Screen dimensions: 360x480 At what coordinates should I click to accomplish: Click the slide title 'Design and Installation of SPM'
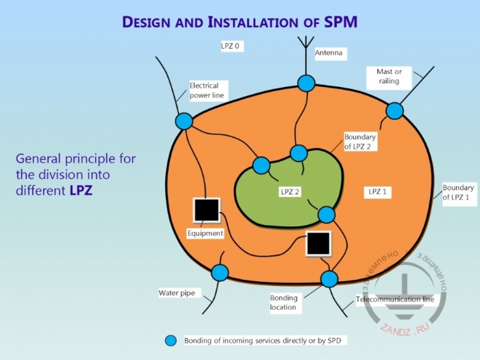tap(239, 22)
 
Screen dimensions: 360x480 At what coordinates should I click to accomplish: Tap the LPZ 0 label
tap(231, 47)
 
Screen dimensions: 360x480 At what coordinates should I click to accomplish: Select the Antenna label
tap(329, 52)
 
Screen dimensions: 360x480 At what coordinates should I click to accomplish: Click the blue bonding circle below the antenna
tap(306, 83)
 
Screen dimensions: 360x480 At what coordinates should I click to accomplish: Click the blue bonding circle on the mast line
tap(394, 110)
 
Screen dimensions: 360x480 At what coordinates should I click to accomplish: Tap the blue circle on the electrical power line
tap(184, 122)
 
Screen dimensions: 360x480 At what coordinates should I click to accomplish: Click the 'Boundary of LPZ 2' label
tap(360, 141)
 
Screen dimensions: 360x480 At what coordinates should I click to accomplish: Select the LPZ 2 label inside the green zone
tap(290, 192)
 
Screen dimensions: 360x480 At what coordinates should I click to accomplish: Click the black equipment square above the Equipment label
tap(205, 210)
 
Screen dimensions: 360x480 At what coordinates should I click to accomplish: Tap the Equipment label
tap(205, 233)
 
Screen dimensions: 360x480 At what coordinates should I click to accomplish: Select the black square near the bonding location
tap(318, 243)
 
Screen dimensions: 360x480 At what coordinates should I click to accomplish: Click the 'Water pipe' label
tap(177, 294)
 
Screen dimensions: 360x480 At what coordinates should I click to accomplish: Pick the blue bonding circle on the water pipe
tap(220, 272)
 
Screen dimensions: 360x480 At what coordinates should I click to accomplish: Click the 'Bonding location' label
tap(283, 303)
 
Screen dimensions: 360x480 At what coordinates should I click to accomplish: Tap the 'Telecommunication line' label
tap(395, 300)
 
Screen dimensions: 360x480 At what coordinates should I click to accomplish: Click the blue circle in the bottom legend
tap(171, 340)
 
